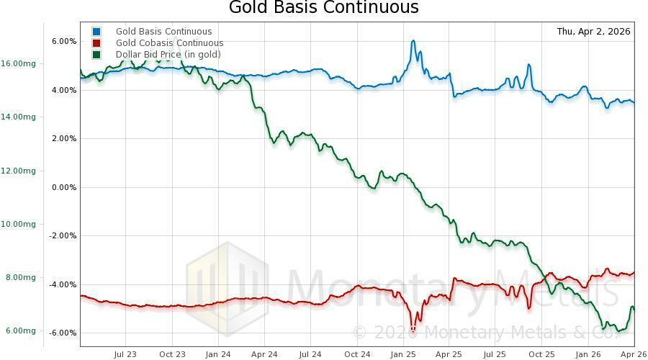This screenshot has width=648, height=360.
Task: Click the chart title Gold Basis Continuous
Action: coord(323,8)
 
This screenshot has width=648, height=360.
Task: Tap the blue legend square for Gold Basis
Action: coord(96,32)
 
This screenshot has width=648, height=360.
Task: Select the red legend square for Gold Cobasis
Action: coord(96,43)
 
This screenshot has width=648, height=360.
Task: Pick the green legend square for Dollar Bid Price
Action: coord(96,55)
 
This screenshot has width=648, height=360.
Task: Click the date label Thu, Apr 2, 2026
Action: coord(593,32)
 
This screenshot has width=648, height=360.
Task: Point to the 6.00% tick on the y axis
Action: coord(63,42)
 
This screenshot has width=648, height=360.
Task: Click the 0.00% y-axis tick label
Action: coord(63,187)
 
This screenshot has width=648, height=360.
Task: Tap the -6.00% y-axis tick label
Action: coord(63,333)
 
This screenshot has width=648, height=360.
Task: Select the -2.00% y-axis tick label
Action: coord(63,235)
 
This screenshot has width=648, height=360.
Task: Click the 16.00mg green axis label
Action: coord(19,63)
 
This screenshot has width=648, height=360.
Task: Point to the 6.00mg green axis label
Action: coord(20,331)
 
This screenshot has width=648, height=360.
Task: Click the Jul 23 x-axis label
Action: coord(125,354)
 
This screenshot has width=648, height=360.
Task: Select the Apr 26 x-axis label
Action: coord(634,354)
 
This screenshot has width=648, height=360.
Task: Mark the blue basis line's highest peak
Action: coord(413,41)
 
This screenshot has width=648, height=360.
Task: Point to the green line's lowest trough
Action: coord(618,331)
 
